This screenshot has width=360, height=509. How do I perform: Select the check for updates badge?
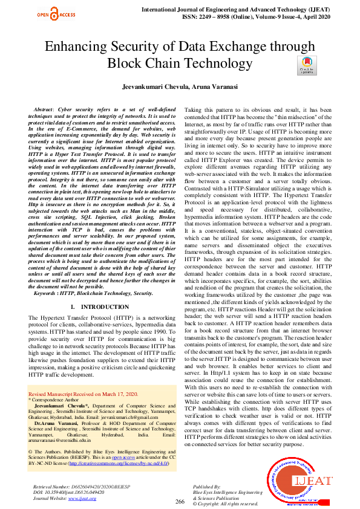[x=308, y=65]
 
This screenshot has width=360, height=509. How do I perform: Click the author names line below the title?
[x=180, y=88]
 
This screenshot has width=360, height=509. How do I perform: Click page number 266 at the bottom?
[x=180, y=501]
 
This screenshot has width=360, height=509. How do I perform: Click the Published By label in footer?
[x=206, y=486]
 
